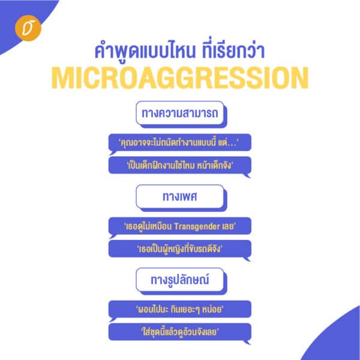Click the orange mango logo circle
[28, 28]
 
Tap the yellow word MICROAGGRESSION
[180, 77]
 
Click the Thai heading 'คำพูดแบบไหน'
[145, 50]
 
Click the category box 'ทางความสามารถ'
[180, 113]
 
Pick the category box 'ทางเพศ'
[180, 197]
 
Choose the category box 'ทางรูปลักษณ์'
[180, 280]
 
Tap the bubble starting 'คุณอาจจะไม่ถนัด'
[180, 143]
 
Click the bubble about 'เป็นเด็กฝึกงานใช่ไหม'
[180, 165]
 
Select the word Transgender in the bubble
[197, 227]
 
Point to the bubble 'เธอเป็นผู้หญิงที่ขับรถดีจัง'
[180, 248]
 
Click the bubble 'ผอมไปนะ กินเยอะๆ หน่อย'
[180, 309]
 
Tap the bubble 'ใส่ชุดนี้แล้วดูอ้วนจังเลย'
[180, 332]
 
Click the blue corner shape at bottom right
[340, 340]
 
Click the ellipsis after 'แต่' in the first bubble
[232, 145]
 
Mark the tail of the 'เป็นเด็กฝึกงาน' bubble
[247, 176]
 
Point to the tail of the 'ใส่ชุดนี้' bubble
[247, 343]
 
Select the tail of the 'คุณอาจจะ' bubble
[112, 153]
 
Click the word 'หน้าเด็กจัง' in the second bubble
[214, 166]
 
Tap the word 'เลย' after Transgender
[228, 227]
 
